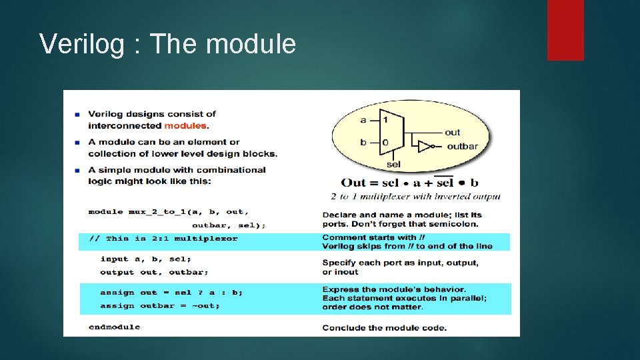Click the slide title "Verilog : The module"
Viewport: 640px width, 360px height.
(x=167, y=44)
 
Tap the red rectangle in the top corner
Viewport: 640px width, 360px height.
(x=565, y=29)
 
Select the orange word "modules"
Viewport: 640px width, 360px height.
(x=186, y=125)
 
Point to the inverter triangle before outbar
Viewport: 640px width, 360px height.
(x=425, y=146)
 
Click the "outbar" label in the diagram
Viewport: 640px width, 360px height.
(x=462, y=147)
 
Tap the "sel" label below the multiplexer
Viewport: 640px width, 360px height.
(x=393, y=164)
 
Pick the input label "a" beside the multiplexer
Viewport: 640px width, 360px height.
(x=363, y=120)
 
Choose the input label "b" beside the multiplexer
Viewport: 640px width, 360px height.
(x=363, y=142)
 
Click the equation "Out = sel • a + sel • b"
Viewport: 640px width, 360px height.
(x=409, y=183)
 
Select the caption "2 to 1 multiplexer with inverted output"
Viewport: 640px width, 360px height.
(x=415, y=196)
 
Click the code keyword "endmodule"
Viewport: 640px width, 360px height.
(x=114, y=327)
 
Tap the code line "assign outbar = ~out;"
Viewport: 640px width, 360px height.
(x=160, y=306)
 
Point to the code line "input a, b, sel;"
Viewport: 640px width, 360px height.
(x=146, y=259)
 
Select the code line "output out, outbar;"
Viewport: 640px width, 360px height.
(x=154, y=272)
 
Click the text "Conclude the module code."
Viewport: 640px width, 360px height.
(x=384, y=327)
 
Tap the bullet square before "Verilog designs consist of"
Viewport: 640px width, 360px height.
(x=78, y=114)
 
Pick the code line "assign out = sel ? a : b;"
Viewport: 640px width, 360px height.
(x=171, y=292)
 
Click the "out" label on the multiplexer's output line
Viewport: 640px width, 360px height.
(x=453, y=132)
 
